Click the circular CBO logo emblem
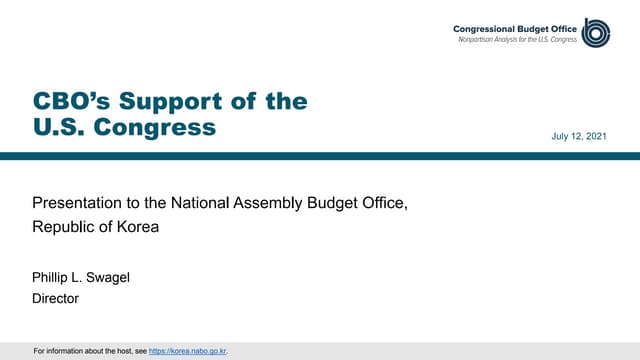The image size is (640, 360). pos(597,32)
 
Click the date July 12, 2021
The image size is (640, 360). pos(580,135)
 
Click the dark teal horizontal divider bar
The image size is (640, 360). pos(320,155)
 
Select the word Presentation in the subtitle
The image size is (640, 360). pos(79,205)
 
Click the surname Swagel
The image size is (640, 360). pos(112,277)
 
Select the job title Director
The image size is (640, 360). pos(55,298)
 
